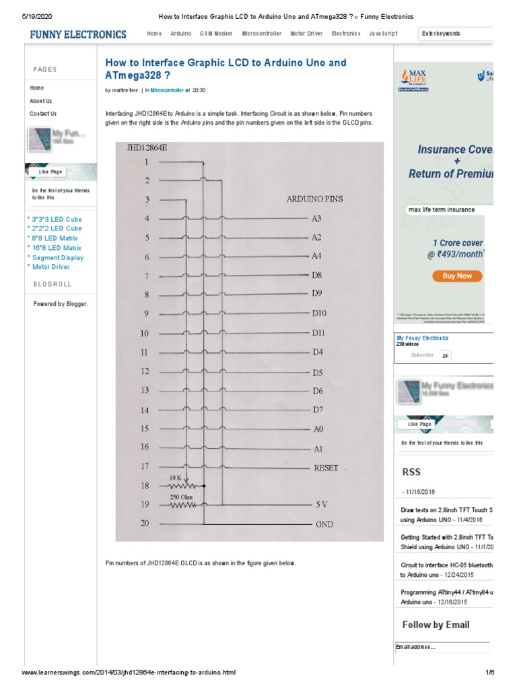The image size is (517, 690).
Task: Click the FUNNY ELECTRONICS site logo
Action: click(x=77, y=34)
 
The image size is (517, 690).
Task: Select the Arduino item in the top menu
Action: click(x=180, y=33)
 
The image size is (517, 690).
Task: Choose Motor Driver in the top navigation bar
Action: click(x=306, y=33)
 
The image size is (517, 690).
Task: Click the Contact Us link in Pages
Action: click(x=43, y=114)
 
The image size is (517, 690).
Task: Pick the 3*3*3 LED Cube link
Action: click(x=55, y=220)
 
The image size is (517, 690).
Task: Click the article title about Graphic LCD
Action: click(x=226, y=69)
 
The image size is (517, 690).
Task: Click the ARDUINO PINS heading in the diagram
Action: click(x=314, y=199)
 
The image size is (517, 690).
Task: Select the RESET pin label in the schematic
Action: click(x=326, y=468)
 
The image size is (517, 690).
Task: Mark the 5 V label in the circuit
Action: click(x=322, y=505)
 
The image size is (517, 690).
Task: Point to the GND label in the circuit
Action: click(x=324, y=524)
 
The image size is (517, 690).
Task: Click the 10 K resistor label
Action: click(x=176, y=477)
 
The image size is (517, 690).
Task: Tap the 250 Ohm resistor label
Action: click(x=182, y=497)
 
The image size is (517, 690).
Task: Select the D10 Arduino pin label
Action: click(x=318, y=313)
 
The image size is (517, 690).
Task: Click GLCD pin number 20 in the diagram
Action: click(x=145, y=524)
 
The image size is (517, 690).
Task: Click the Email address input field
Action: click(x=442, y=648)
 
